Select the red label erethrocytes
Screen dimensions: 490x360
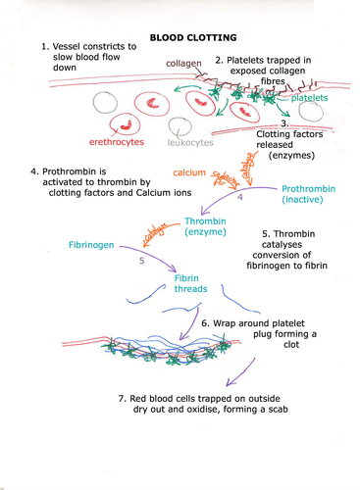(118, 142)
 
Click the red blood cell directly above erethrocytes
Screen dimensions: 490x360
(126, 123)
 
